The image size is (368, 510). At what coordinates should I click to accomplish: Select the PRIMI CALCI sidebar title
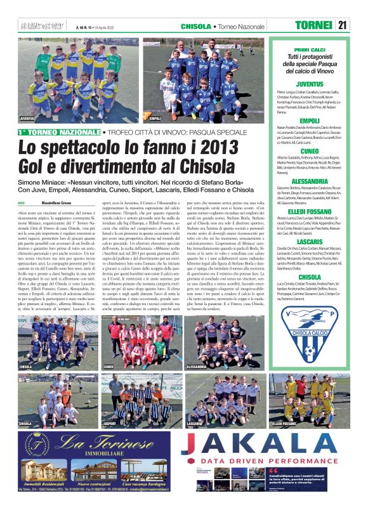coord(310,49)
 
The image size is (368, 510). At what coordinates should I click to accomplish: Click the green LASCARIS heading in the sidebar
coord(310,242)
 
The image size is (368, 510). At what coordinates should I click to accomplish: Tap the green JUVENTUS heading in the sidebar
coord(310,84)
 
